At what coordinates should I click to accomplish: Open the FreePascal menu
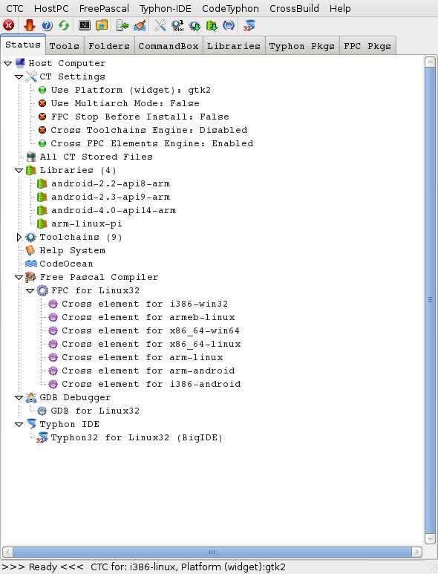tap(104, 8)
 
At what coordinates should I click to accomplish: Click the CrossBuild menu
tap(294, 8)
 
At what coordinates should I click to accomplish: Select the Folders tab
tap(109, 46)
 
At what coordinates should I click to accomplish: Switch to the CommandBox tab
tap(169, 46)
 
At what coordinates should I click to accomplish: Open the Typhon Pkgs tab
tap(302, 46)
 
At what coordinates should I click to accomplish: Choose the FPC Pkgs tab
tap(367, 46)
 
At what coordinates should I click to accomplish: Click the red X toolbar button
tap(9, 25)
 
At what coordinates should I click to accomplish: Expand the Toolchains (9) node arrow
tap(19, 237)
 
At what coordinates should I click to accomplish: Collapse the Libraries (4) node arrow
tap(19, 171)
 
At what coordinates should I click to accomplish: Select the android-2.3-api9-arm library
tap(111, 197)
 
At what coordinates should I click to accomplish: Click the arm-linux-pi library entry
tap(87, 224)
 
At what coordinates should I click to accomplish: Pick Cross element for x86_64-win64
tap(151, 330)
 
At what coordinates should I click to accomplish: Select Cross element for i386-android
tap(151, 384)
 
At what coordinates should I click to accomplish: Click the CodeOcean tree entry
tap(66, 264)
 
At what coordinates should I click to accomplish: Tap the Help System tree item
tap(73, 250)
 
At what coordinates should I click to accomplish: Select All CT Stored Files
tap(97, 157)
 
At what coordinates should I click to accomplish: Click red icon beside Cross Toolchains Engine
tap(42, 130)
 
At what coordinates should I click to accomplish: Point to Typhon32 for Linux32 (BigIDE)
tap(137, 437)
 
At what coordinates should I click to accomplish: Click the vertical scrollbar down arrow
tap(430, 538)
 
